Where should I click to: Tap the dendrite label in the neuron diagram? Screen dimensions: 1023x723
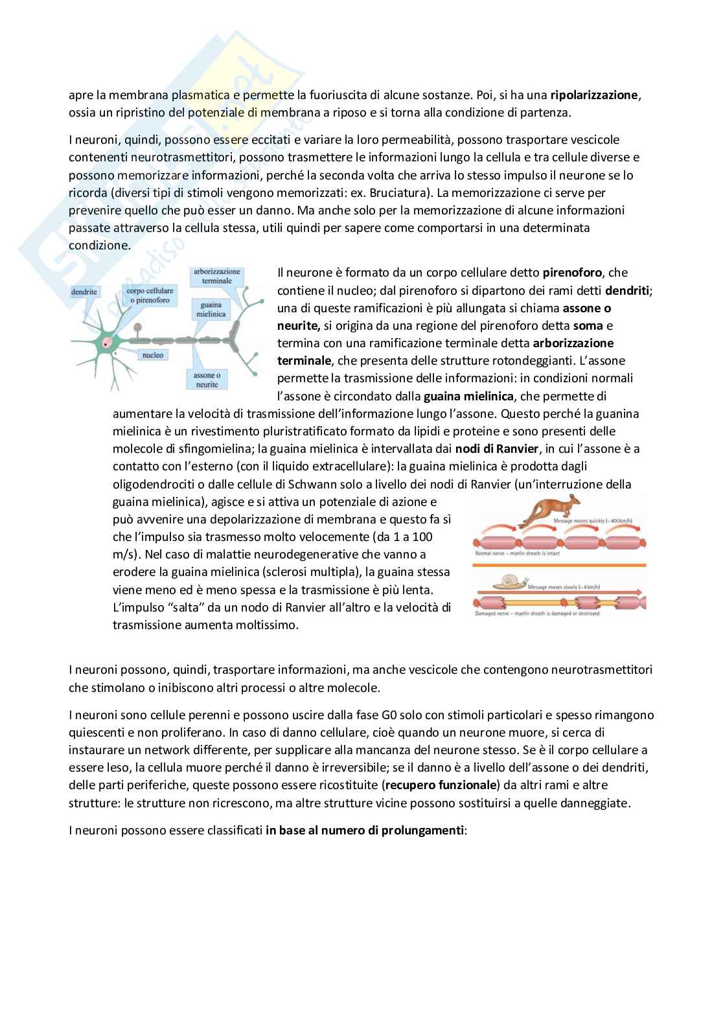(84, 292)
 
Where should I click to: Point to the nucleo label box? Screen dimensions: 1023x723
(154, 355)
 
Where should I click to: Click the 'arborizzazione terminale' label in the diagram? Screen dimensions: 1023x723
(216, 276)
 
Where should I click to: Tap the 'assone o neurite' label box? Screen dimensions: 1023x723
(207, 380)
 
